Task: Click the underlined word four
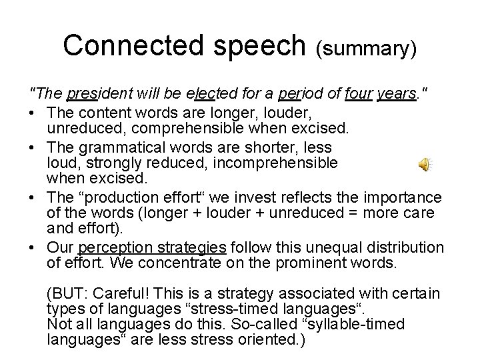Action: [358, 95]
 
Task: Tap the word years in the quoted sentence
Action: [395, 95]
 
